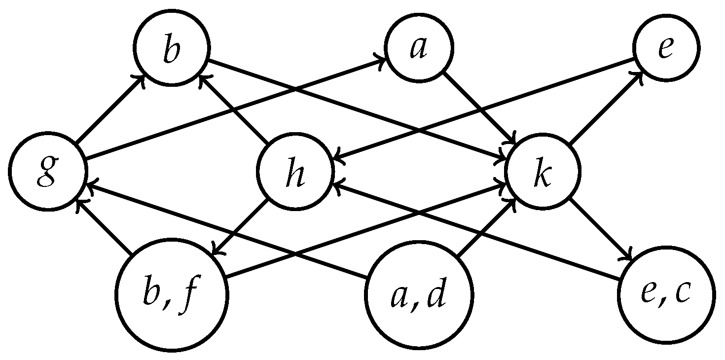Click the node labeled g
tap(47, 171)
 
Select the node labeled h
tap(295, 171)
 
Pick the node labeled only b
tap(171, 48)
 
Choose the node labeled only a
tap(419, 48)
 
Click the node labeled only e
tap(666, 48)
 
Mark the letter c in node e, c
tap(684, 295)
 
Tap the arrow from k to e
tap(605, 108)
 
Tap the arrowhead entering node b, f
tap(217, 252)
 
